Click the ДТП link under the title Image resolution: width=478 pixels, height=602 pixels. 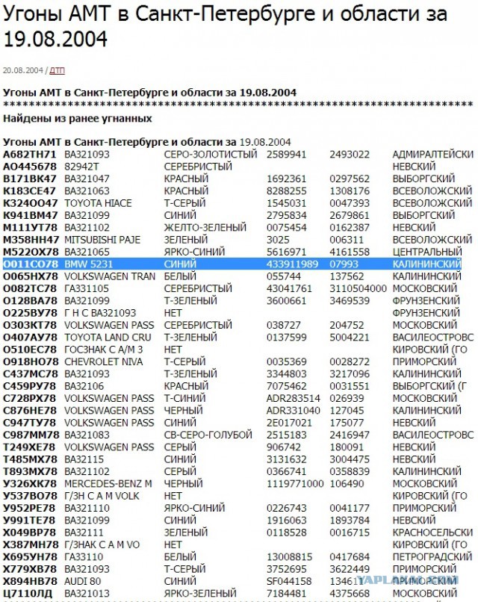58,70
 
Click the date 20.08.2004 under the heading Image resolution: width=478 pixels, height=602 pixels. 22,70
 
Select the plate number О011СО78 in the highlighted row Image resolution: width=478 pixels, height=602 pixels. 30,264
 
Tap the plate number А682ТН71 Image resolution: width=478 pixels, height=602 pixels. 30,154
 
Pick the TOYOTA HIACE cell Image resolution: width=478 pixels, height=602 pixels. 99,203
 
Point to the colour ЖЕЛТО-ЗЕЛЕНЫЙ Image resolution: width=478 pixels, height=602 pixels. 201,228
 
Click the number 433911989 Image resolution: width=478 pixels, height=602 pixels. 292,264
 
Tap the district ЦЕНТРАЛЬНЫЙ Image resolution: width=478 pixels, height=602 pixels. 426,252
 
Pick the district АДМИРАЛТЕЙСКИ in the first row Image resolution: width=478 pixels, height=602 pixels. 432,154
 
